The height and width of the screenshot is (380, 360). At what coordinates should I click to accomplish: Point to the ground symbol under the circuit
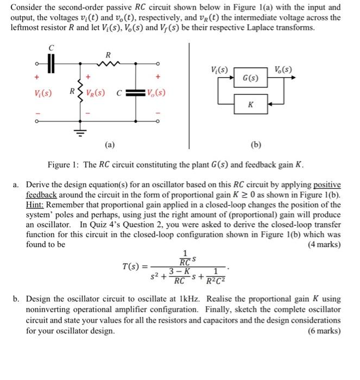click(83, 131)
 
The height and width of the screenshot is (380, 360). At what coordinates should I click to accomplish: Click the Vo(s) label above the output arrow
click(283, 69)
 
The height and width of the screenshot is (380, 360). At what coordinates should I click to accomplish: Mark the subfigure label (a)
click(110, 145)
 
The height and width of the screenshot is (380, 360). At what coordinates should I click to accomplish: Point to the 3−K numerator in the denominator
click(179, 270)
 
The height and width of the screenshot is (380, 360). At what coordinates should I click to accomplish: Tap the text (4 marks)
click(324, 244)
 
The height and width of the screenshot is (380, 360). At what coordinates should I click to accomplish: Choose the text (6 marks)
click(324, 331)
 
